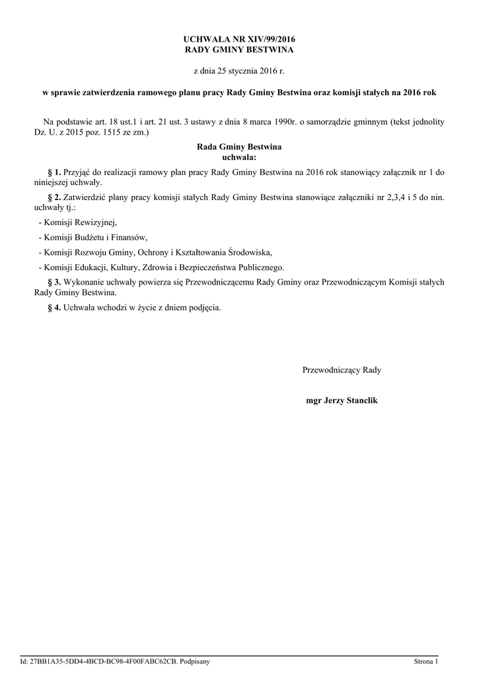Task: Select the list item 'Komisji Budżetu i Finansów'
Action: pos(95,237)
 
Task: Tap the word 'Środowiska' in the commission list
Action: pos(250,252)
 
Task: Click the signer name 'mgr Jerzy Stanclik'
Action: pos(342,401)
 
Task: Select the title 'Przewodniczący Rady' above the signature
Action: pos(342,370)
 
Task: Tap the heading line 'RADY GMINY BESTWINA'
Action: pos(239,50)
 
